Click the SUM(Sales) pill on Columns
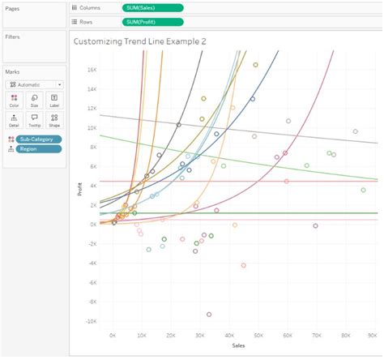152,7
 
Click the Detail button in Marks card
15,119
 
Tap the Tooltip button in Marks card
34,119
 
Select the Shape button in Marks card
53,119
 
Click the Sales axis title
239,345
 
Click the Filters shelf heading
13,37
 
